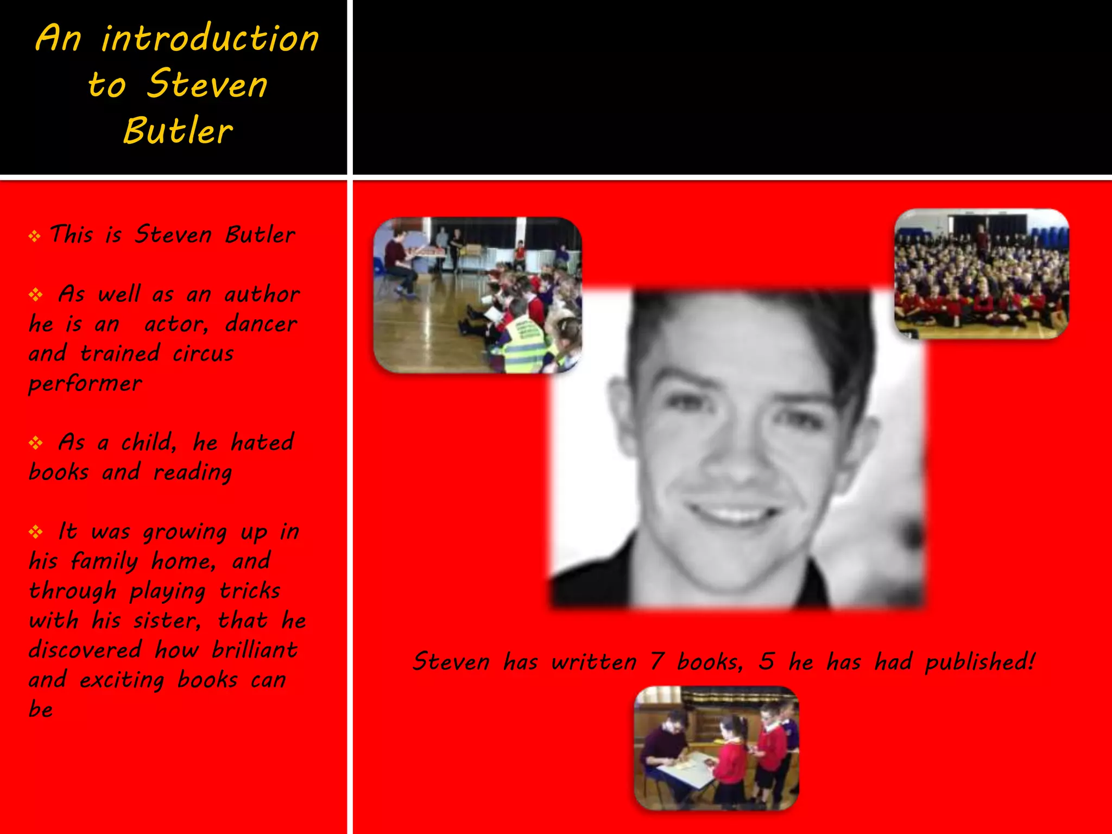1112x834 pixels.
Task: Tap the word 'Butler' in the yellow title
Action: [x=178, y=131]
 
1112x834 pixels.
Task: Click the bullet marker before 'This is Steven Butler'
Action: [x=35, y=236]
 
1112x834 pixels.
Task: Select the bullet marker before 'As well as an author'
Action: [x=36, y=295]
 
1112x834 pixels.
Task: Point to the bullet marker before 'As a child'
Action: [x=36, y=443]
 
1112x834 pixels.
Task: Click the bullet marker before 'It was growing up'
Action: [x=36, y=532]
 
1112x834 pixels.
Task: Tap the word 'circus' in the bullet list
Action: [x=203, y=354]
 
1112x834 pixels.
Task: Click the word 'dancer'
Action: [x=261, y=324]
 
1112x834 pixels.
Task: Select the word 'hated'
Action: [x=262, y=443]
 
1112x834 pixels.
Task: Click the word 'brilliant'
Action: [x=254, y=650]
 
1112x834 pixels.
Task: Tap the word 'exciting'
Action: [x=122, y=680]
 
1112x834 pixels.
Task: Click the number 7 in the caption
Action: [x=657, y=661]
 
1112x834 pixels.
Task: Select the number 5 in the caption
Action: [x=766, y=661]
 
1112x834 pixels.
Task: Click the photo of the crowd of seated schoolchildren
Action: [x=981, y=274]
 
